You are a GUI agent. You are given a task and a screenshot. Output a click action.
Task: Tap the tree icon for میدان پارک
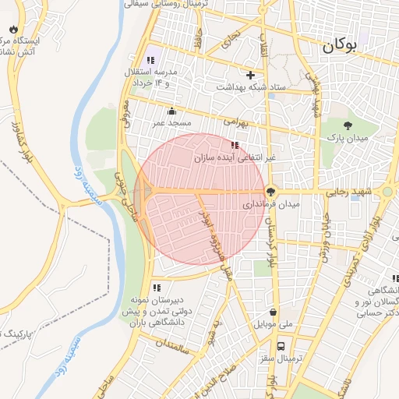[348, 125]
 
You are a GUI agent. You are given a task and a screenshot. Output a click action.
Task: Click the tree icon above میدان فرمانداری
[271, 191]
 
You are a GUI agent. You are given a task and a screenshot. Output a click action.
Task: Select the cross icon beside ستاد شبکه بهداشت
[250, 76]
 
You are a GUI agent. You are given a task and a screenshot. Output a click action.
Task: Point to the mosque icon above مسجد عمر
[171, 111]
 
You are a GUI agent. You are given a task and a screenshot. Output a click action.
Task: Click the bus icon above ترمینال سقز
[281, 346]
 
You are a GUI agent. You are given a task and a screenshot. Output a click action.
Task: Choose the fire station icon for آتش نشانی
[13, 28]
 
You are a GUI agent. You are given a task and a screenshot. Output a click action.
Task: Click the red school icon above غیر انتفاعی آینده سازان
[235, 145]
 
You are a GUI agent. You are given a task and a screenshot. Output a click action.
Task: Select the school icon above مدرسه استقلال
[150, 60]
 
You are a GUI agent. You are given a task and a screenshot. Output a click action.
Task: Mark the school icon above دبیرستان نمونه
[157, 288]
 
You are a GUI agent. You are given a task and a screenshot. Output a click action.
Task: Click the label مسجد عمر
[171, 124]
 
